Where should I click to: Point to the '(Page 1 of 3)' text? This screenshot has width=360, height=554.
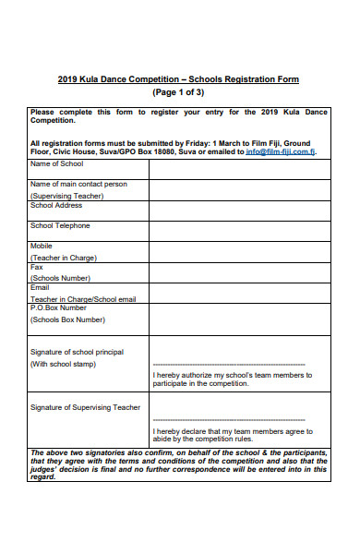point(178,93)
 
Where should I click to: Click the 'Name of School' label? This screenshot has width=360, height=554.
point(56,163)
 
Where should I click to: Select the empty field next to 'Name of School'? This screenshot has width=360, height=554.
point(239,167)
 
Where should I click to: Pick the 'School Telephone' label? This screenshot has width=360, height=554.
point(61,225)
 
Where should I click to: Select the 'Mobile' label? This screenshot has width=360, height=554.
point(42,247)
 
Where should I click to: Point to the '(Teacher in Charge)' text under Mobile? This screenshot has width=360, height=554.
point(64,259)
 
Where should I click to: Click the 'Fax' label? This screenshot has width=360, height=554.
point(37,267)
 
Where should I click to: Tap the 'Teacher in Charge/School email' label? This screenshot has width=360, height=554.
point(83,299)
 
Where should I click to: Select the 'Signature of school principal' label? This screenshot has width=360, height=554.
point(78,352)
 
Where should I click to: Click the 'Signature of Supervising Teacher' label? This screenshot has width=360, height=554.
point(85,407)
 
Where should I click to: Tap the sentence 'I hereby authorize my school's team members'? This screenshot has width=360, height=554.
point(232,376)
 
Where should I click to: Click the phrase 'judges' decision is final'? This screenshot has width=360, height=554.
point(74,468)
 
